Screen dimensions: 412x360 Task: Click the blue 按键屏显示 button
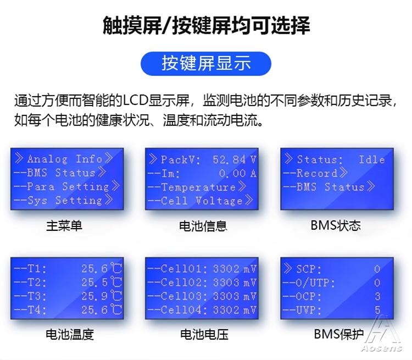pyautogui.click(x=206, y=64)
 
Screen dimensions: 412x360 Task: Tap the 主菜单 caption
pyautogui.click(x=64, y=226)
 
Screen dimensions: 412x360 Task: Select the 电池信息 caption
pyautogui.click(x=203, y=226)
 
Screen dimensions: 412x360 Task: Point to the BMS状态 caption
pyautogui.click(x=336, y=225)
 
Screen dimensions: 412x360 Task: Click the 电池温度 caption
pyautogui.click(x=70, y=335)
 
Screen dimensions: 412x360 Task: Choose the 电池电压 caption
pyautogui.click(x=204, y=335)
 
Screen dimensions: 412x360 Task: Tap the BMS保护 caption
pyautogui.click(x=339, y=334)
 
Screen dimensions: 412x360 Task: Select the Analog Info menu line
pyautogui.click(x=64, y=159)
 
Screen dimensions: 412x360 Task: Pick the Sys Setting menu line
pyautogui.click(x=64, y=200)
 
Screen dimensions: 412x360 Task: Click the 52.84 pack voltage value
pyautogui.click(x=229, y=159)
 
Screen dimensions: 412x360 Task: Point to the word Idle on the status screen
pyautogui.click(x=372, y=159)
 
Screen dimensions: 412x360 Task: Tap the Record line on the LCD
pyautogui.click(x=315, y=173)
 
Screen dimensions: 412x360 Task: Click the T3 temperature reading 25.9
pyautogui.click(x=94, y=296)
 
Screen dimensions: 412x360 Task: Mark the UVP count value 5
pyautogui.click(x=377, y=310)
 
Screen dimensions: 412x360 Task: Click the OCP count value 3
pyautogui.click(x=377, y=296)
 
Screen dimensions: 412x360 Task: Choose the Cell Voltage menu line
pyautogui.click(x=200, y=201)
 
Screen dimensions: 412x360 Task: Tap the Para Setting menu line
pyautogui.click(x=67, y=186)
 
